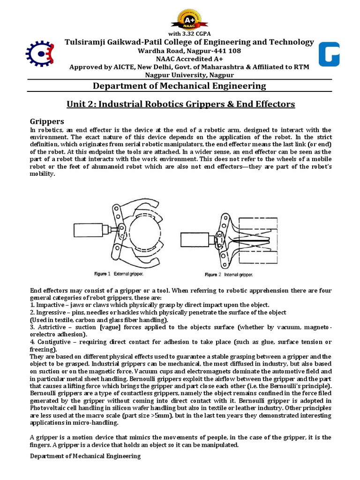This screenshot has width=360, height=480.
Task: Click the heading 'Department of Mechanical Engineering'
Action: point(180,86)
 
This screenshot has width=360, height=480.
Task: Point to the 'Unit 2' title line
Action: point(180,104)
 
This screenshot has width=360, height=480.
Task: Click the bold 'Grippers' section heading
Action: point(48,120)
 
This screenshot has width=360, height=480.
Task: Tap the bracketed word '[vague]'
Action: point(112,327)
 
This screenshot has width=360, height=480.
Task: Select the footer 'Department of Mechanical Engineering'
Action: point(85,456)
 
